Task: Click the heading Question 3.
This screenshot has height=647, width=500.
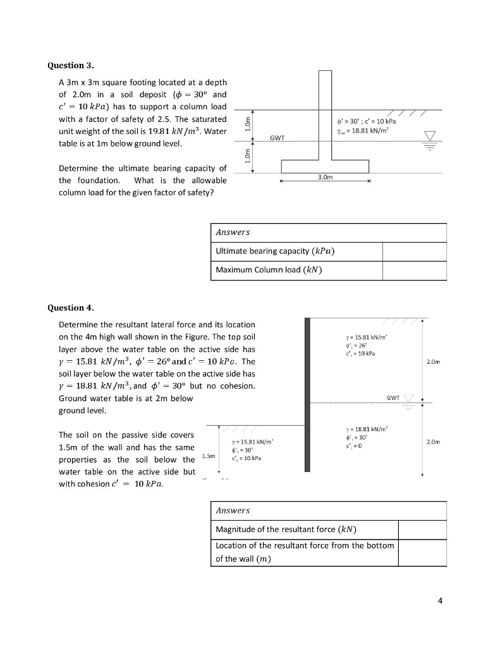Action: coord(71,66)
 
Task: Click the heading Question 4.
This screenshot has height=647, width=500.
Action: coord(71,308)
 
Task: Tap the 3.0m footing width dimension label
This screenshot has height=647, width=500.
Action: coord(324,179)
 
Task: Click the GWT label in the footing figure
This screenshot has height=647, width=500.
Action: coord(277,136)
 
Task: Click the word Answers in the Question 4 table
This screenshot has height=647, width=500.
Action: coord(233,511)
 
